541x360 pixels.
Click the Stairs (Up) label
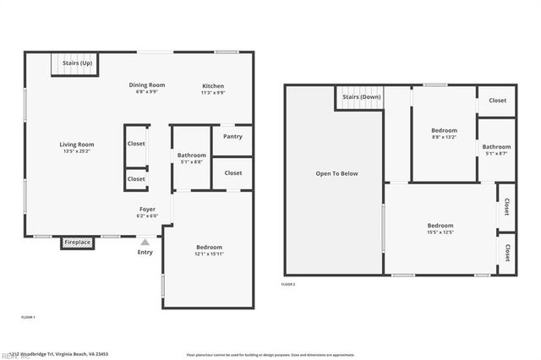pyautogui.click(x=77, y=63)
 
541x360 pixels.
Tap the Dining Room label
pyautogui.click(x=146, y=85)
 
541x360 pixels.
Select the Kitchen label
pyautogui.click(x=213, y=85)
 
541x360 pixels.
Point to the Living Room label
pyautogui.click(x=76, y=144)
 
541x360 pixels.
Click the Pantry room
pyautogui.click(x=232, y=136)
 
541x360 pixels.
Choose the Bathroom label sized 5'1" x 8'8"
pyautogui.click(x=191, y=155)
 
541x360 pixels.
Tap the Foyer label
pyautogui.click(x=147, y=208)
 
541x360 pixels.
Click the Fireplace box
pyautogui.click(x=77, y=243)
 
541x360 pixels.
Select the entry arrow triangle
pyautogui.click(x=145, y=242)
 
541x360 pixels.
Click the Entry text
pyautogui.click(x=145, y=252)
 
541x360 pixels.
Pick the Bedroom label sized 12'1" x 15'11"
pyautogui.click(x=209, y=247)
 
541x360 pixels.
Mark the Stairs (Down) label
pyautogui.click(x=361, y=97)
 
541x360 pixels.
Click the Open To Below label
pyautogui.click(x=336, y=173)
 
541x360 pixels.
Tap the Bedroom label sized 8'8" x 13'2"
pyautogui.click(x=444, y=130)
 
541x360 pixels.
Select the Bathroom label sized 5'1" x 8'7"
pyautogui.click(x=496, y=147)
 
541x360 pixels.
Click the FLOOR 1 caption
pyautogui.click(x=28, y=317)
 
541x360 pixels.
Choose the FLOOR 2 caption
pyautogui.click(x=288, y=285)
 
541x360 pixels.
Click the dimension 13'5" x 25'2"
pyautogui.click(x=76, y=152)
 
